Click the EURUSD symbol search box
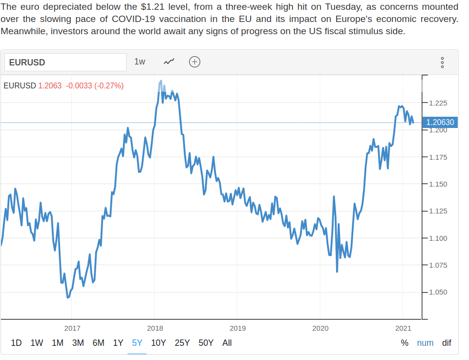(x=65, y=62)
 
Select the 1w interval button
(x=140, y=62)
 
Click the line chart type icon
(x=170, y=62)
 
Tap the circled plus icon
(x=194, y=62)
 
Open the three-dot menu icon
(x=442, y=63)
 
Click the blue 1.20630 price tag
(x=440, y=123)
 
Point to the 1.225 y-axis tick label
(x=438, y=103)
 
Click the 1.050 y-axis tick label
(x=438, y=292)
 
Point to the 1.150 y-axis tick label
(x=438, y=184)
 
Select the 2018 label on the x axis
(x=155, y=328)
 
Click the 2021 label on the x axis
(x=403, y=328)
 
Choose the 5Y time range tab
(x=137, y=343)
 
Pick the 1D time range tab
(x=16, y=343)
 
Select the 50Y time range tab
(x=206, y=343)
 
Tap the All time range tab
(x=227, y=343)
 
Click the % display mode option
(x=405, y=343)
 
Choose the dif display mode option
(x=447, y=343)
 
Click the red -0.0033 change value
(x=79, y=85)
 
